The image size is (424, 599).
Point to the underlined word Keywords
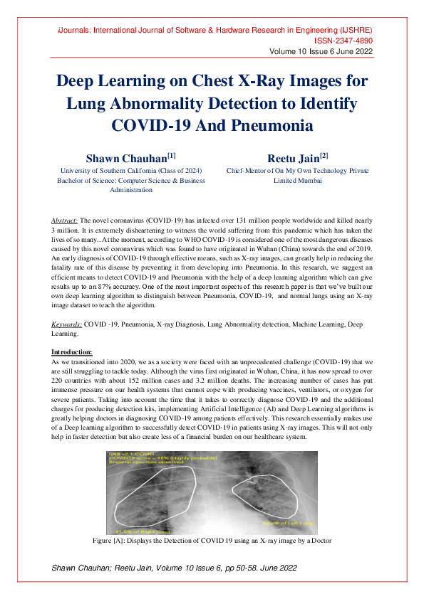point(67,324)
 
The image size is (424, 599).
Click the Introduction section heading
point(72,352)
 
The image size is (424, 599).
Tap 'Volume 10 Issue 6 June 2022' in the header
point(320,53)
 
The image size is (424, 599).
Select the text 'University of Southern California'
point(106,171)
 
